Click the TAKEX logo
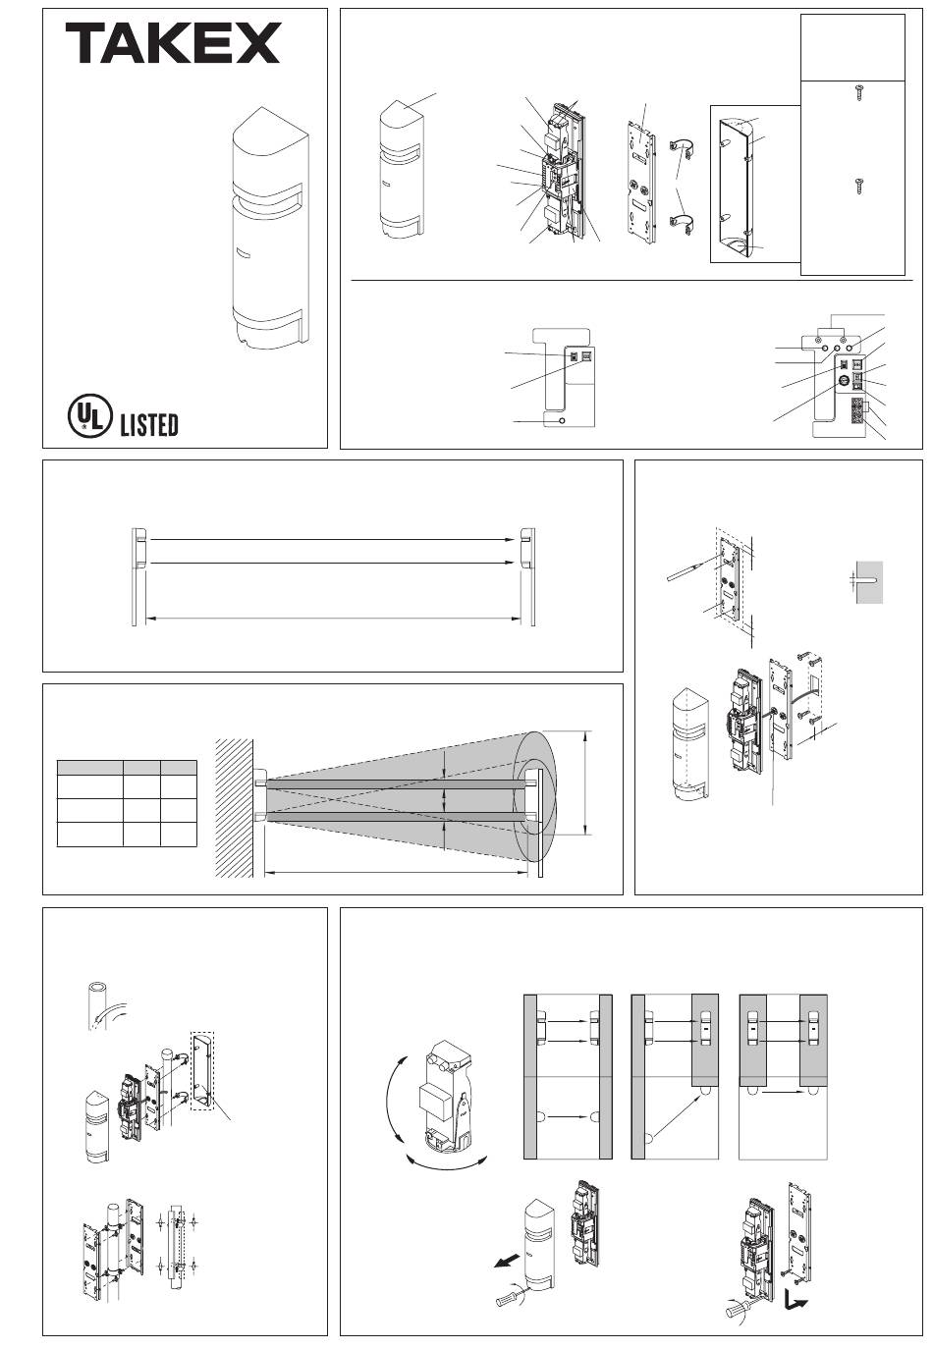(x=173, y=43)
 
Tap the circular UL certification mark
(x=89, y=415)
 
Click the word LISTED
(x=149, y=424)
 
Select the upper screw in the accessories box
(x=858, y=92)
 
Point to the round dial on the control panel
(x=844, y=381)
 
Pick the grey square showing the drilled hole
(x=869, y=582)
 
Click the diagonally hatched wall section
(x=234, y=808)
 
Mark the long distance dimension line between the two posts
(x=333, y=618)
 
